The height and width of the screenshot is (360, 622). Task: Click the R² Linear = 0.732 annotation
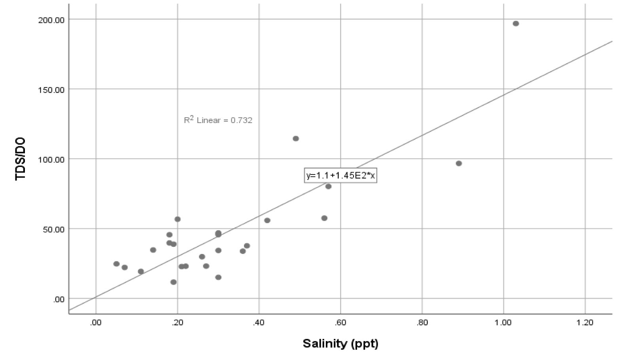(218, 120)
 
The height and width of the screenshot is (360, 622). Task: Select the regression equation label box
(340, 175)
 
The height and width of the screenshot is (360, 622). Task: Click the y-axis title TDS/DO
(20, 159)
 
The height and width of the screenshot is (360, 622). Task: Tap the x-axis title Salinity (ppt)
(340, 343)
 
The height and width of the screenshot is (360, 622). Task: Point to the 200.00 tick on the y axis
(51, 20)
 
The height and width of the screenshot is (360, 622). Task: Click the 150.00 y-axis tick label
(51, 89)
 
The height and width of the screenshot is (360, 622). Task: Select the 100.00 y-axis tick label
(51, 159)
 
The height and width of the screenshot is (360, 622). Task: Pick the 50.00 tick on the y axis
(53, 229)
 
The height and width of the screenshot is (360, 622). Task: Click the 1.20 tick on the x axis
(585, 323)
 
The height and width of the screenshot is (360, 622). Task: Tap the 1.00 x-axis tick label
(503, 323)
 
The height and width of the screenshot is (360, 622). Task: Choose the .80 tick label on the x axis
(422, 323)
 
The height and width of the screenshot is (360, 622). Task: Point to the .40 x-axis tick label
(259, 323)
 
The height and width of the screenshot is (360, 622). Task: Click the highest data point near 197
(516, 24)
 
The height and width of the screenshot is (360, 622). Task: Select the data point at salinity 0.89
(459, 163)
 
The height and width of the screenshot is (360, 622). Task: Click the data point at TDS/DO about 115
(296, 138)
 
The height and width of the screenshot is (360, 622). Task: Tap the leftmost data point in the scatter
(116, 264)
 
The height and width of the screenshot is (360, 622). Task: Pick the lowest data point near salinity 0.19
(173, 282)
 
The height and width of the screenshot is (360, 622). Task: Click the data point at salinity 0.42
(267, 220)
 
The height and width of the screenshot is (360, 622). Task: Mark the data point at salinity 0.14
(153, 250)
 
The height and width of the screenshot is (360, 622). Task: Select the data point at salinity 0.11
(141, 271)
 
